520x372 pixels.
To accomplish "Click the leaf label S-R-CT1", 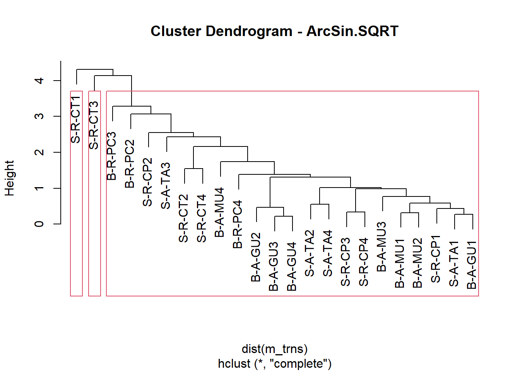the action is coord(75,119).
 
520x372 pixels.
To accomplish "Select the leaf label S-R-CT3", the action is coord(94,125).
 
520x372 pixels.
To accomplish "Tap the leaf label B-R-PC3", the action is coord(111,156).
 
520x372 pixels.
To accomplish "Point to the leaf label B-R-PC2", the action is coord(130,164).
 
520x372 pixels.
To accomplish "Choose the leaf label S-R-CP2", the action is coord(147,182).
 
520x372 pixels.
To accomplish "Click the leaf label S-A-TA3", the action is coord(166,186).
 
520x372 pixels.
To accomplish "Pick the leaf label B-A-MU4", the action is coord(219,212).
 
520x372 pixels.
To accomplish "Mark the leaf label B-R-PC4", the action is coord(238,224).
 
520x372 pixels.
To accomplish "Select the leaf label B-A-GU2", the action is coord(256,257).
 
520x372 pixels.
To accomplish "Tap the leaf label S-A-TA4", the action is coord(328,253).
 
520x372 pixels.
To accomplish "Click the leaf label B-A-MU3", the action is coord(381,247).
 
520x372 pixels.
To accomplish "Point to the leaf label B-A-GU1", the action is coord(472,265).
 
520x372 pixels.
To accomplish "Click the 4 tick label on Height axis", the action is coord(39,81).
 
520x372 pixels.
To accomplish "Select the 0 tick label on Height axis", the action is coord(39,224).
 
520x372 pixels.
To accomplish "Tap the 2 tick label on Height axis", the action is coord(39,152).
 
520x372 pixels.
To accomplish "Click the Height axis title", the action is coord(10,178).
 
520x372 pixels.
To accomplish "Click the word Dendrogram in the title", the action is coord(249,32).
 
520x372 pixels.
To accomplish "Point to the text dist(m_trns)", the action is coord(275,349).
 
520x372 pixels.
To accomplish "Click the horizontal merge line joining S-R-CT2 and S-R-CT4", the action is coord(193,169).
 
